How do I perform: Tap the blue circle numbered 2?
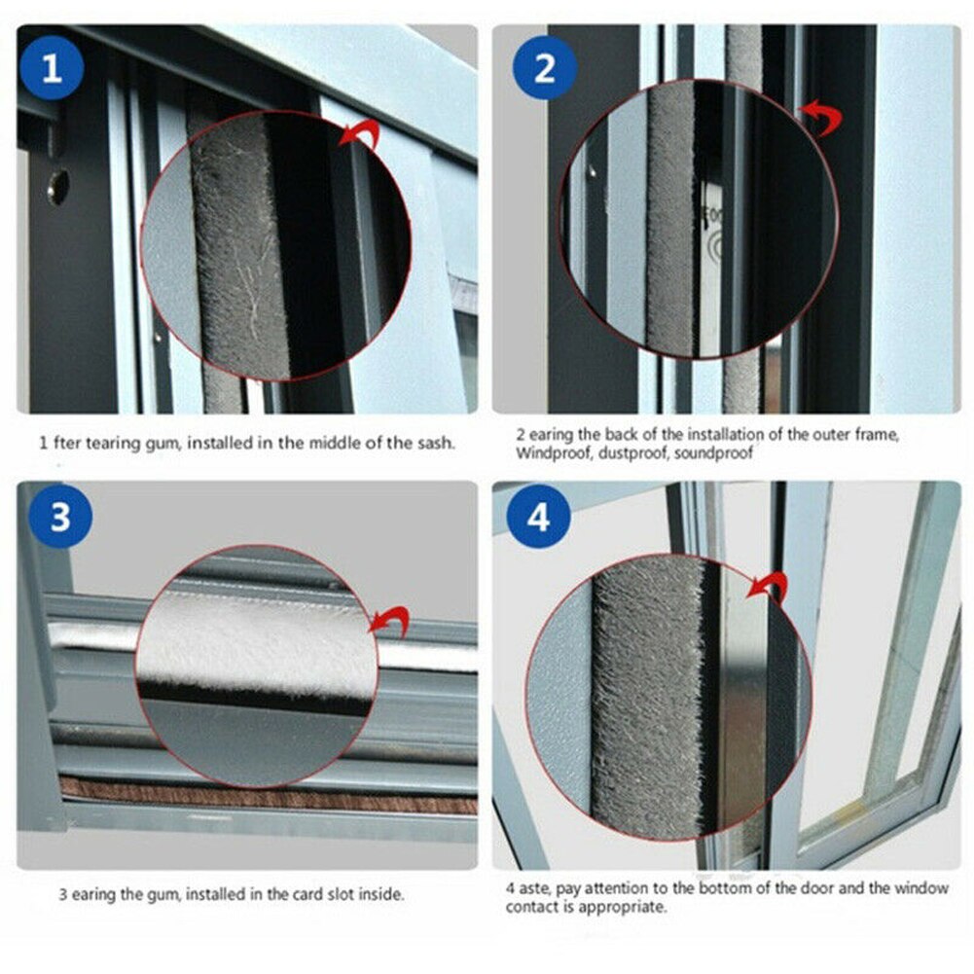point(544,70)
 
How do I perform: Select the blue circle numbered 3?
point(59,517)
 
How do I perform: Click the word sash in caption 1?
point(434,443)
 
